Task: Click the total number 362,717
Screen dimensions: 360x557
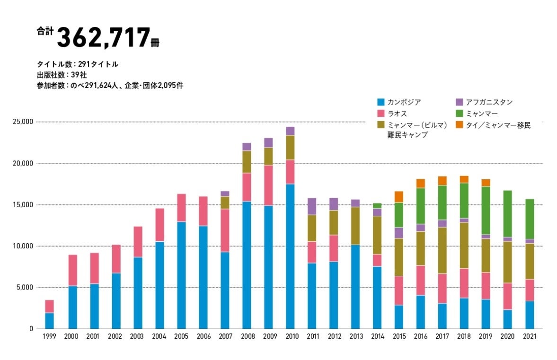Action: click(103, 38)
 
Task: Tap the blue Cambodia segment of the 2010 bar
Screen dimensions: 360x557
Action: click(290, 256)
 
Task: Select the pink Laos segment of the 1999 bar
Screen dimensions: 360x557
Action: click(49, 306)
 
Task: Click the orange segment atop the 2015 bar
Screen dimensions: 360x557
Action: click(399, 197)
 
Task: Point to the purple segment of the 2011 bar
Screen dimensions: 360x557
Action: click(312, 206)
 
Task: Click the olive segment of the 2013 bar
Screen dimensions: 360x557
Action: click(355, 226)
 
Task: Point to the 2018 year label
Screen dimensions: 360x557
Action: click(464, 336)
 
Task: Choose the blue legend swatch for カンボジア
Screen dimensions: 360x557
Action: click(380, 102)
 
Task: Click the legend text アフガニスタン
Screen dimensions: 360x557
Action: click(489, 102)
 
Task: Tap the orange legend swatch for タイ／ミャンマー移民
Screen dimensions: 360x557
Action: click(460, 125)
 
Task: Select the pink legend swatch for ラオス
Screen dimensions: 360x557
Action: click(380, 114)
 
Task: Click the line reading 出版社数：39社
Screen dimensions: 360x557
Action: click(62, 75)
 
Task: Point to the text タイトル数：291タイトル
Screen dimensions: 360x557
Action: click(78, 64)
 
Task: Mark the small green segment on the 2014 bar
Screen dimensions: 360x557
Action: click(377, 205)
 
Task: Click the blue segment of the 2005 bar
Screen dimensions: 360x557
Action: click(181, 275)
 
